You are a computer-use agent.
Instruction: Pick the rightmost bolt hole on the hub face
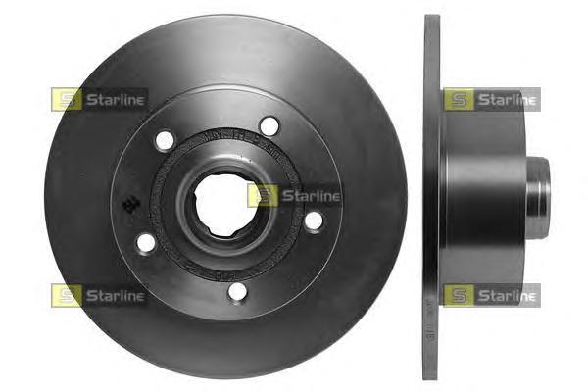tap(314, 220)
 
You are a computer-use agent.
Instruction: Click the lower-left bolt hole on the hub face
tap(146, 241)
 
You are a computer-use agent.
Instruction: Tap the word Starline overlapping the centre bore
tap(310, 196)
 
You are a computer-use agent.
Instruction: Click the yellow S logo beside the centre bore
tap(263, 196)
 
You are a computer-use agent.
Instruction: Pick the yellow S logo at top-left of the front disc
tap(66, 99)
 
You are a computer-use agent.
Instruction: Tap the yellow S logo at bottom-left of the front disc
tap(66, 294)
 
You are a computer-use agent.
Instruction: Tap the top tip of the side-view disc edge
tap(432, 18)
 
